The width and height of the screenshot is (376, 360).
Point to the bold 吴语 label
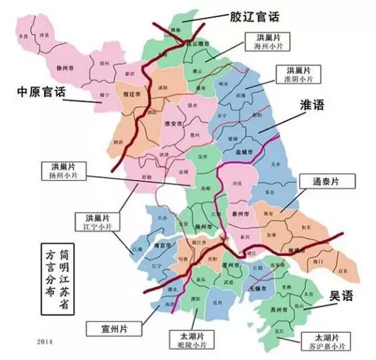click(x=339, y=295)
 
